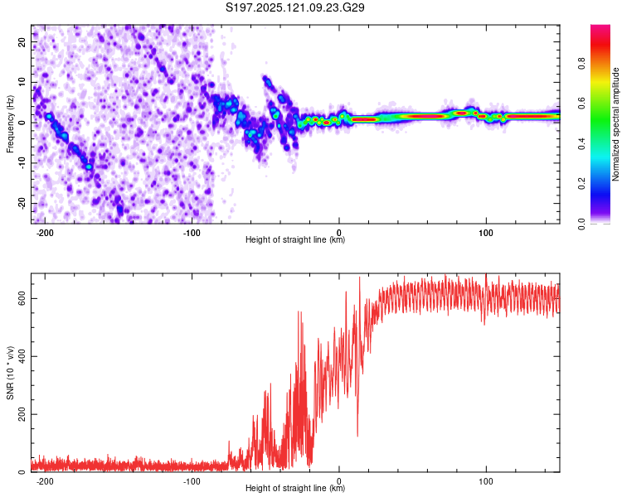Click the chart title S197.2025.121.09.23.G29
(294, 7)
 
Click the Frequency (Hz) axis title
(10, 124)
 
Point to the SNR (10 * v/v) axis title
(10, 373)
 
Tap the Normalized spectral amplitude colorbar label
(615, 124)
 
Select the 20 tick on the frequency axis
(22, 41)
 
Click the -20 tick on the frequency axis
(22, 203)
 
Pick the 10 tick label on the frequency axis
(22, 82)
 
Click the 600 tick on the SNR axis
(22, 298)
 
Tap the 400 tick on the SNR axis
(22, 356)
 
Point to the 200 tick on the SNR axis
(22, 414)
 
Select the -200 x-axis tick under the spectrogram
(45, 233)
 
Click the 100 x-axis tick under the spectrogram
(486, 233)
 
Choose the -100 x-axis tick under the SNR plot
(192, 481)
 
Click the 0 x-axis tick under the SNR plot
(338, 481)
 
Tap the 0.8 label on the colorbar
(581, 64)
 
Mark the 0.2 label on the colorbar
(581, 184)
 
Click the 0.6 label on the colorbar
(581, 104)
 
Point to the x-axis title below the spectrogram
(295, 239)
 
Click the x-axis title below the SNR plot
(295, 488)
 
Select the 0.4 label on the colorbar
(581, 144)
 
